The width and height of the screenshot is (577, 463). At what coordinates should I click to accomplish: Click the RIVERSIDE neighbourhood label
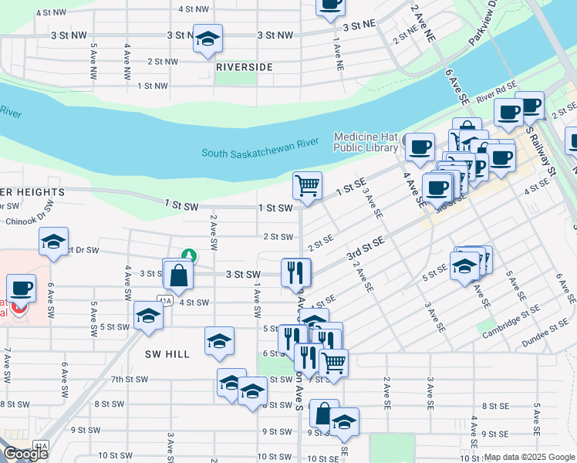pyautogui.click(x=244, y=67)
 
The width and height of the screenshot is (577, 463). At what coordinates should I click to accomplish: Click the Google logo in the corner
pyautogui.click(x=25, y=453)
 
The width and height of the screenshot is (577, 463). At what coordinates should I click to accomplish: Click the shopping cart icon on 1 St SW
pyautogui.click(x=307, y=185)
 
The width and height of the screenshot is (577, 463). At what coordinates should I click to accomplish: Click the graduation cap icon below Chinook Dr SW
pyautogui.click(x=53, y=242)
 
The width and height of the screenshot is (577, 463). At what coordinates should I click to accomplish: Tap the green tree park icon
pyautogui.click(x=187, y=255)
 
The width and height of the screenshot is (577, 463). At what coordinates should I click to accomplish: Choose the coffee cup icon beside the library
pyautogui.click(x=420, y=147)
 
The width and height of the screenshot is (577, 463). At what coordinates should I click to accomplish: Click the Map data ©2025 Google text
pyautogui.click(x=529, y=457)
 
